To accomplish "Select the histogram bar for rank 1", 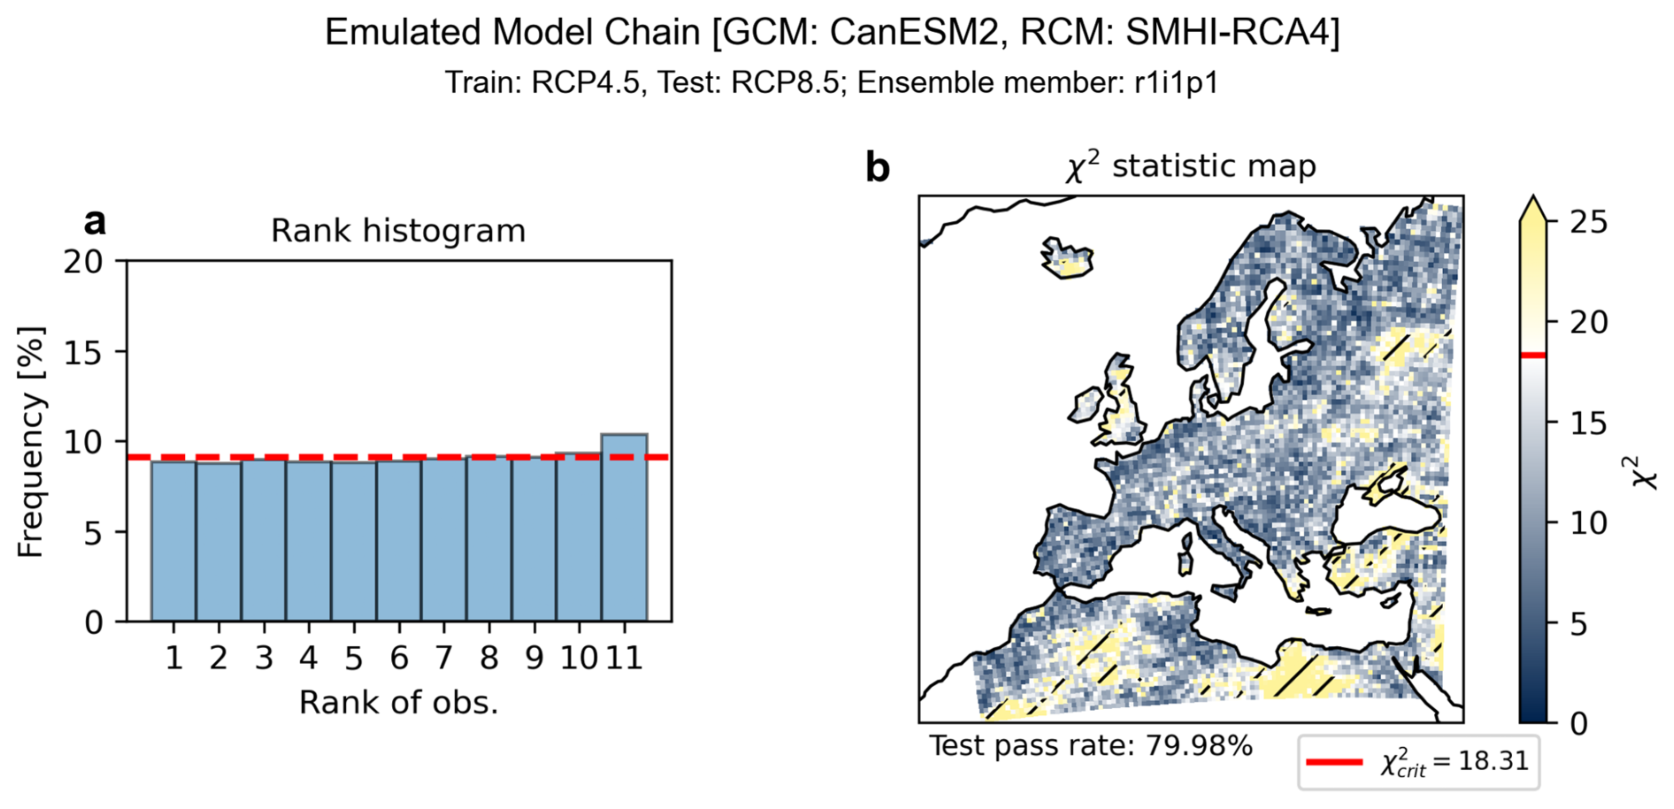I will click(173, 540).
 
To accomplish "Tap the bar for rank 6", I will click(399, 540).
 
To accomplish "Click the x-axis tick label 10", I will click(579, 659).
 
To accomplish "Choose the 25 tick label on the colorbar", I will click(1589, 221).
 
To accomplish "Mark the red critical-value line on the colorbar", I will click(1533, 355).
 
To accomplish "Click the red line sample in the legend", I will click(1334, 761).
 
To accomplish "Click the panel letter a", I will click(95, 222).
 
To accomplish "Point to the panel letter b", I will click(877, 167).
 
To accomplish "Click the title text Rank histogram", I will click(398, 231).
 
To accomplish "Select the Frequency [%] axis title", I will click(31, 442).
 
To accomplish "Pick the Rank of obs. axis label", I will click(398, 703).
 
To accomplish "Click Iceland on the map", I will click(1068, 257).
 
